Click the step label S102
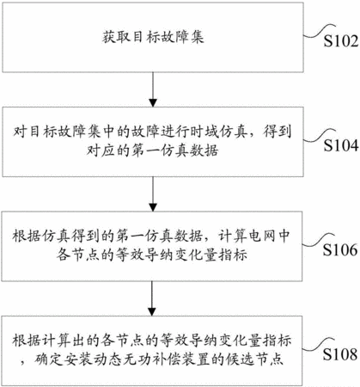(341, 41)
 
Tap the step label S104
(341, 145)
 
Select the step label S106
(340, 249)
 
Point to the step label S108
(340, 354)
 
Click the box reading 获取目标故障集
(153, 37)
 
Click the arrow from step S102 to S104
(153, 89)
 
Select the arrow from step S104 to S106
(153, 194)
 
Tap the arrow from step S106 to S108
(152, 298)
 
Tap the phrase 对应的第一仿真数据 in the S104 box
(153, 150)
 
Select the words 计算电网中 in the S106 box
(254, 236)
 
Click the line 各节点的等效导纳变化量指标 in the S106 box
(152, 255)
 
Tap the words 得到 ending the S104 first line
(277, 132)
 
